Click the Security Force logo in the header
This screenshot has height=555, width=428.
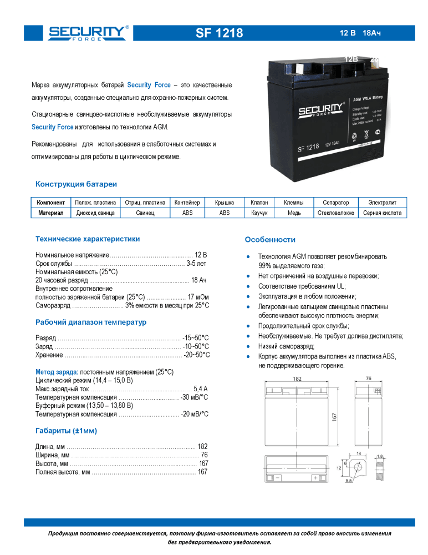point(88,33)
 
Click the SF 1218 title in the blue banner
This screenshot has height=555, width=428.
point(219,33)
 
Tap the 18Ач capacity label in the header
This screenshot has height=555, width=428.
point(371,33)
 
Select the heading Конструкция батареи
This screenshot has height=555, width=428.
point(76,184)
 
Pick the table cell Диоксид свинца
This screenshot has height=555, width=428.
point(95,213)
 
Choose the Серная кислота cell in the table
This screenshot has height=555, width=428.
point(383,213)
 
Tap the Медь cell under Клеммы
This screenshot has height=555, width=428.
point(294,213)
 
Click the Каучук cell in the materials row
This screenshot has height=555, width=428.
point(259,213)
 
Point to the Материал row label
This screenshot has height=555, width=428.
point(51,213)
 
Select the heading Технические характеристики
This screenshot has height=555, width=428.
point(88,239)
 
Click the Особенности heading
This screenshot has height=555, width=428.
point(270,240)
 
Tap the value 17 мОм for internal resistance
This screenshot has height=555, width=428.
point(198,297)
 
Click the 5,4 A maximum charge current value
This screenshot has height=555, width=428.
point(201,389)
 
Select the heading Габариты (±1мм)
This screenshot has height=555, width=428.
point(69,430)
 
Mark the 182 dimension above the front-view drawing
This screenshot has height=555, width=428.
point(297,379)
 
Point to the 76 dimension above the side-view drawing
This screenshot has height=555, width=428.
point(369,379)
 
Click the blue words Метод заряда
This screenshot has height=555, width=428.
point(57,371)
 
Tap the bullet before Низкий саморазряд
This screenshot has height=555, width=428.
point(249,346)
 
